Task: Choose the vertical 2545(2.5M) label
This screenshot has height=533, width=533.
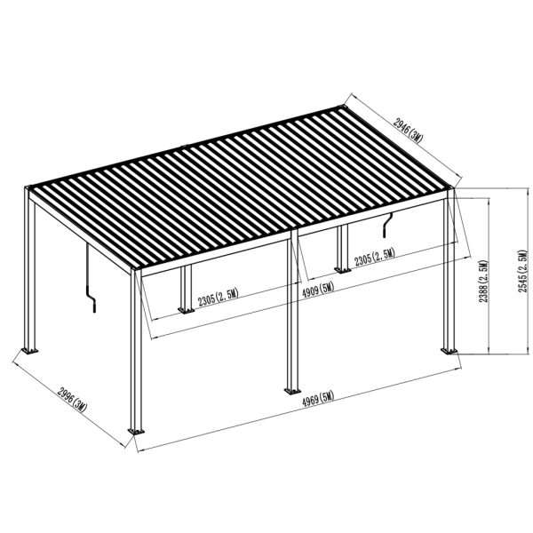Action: [524, 271]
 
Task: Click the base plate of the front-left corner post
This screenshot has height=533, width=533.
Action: [135, 432]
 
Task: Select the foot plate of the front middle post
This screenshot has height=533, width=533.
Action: [290, 390]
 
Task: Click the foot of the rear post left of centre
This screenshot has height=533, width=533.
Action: [186, 311]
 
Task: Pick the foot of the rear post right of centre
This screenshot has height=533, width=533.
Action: [342, 268]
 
